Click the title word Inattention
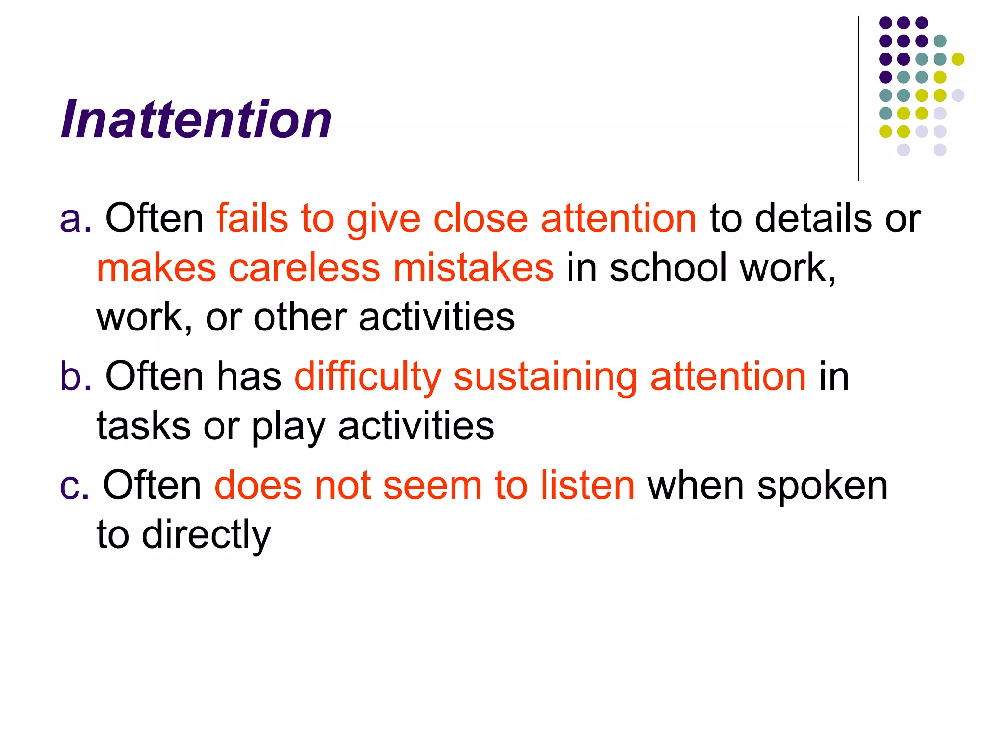point(196,119)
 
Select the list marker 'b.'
point(75,376)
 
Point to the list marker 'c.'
point(74,486)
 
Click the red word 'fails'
point(252,218)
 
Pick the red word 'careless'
point(304,268)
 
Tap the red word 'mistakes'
point(473,268)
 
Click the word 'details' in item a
point(813,218)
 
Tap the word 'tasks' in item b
point(143,426)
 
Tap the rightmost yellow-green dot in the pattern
point(958,59)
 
